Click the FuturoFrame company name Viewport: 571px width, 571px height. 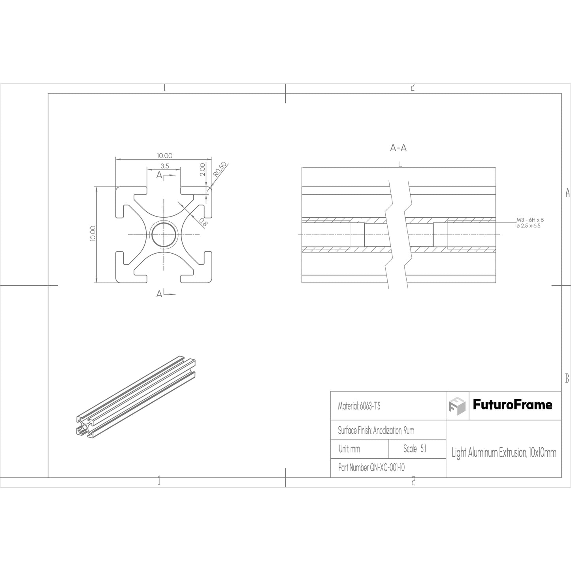click(x=513, y=405)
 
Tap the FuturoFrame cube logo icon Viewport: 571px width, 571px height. click(x=457, y=405)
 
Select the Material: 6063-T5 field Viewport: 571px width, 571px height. click(x=359, y=406)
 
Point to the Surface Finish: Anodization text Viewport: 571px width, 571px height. click(x=376, y=430)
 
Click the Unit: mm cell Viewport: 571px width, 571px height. click(x=349, y=449)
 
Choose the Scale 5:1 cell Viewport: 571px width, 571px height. click(x=415, y=449)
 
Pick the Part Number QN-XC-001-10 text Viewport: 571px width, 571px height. click(x=371, y=468)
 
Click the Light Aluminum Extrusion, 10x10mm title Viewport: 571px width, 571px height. click(x=504, y=453)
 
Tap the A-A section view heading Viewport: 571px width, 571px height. click(x=398, y=148)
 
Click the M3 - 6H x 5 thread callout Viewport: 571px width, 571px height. click(x=530, y=220)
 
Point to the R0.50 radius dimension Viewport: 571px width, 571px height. click(x=220, y=169)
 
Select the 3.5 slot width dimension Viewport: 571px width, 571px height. click(x=164, y=166)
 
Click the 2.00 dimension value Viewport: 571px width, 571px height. click(x=203, y=169)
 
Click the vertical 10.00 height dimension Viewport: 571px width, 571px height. click(x=92, y=233)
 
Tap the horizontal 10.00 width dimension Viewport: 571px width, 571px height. click(x=164, y=156)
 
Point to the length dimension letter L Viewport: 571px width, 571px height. click(x=400, y=164)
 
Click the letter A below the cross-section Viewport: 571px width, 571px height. click(x=159, y=294)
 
